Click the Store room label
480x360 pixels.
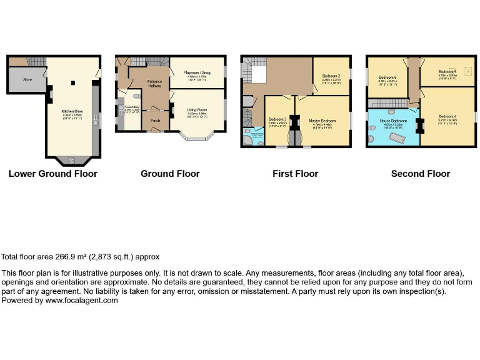27,79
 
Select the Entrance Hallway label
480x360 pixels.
154,84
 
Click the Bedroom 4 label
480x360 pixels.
447,116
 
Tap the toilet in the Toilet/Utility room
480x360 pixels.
137,97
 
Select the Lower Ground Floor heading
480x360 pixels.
53,174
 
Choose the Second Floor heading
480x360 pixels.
421,174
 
